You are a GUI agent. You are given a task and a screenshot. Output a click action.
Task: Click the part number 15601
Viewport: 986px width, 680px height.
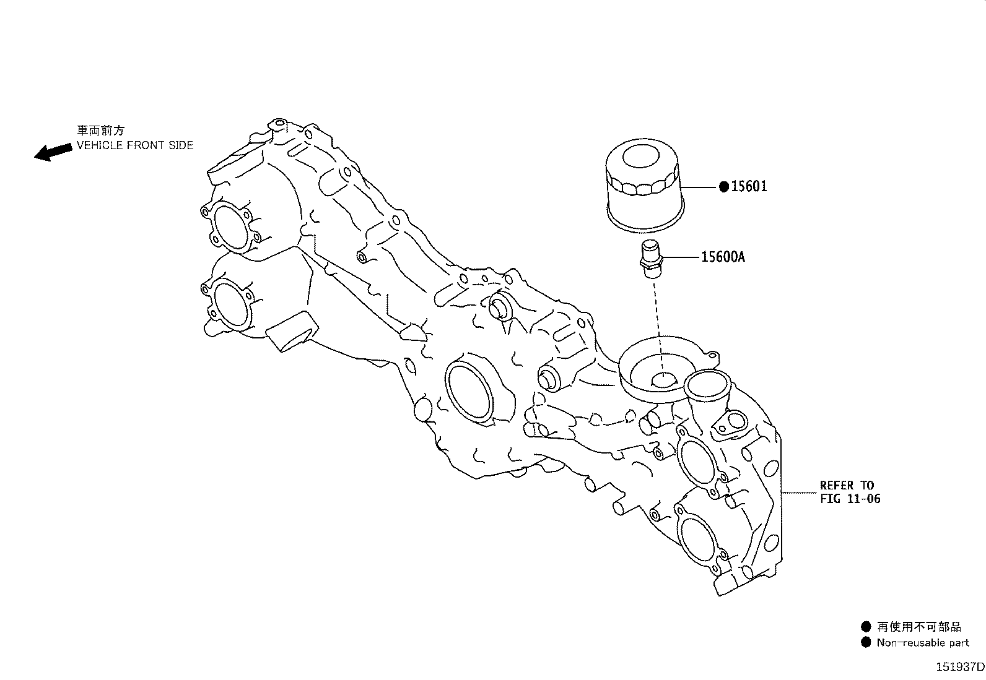[749, 186]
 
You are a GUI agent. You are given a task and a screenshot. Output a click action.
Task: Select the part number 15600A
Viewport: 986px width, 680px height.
[723, 256]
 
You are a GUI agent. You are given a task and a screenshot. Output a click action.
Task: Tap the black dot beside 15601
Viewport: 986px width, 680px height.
[723, 187]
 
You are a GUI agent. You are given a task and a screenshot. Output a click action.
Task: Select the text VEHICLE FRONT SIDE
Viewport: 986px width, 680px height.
[135, 145]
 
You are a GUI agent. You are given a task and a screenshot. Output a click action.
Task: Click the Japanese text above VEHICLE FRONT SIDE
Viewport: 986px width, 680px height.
[101, 131]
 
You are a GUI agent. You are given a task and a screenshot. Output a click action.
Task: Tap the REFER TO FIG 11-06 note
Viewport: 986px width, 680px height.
[850, 492]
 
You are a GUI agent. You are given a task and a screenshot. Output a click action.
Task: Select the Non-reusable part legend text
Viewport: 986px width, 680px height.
[922, 642]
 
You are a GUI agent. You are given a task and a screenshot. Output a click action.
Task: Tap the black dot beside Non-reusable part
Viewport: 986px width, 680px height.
[866, 642]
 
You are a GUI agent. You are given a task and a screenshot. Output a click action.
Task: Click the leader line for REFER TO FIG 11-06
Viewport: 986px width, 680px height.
[799, 493]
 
